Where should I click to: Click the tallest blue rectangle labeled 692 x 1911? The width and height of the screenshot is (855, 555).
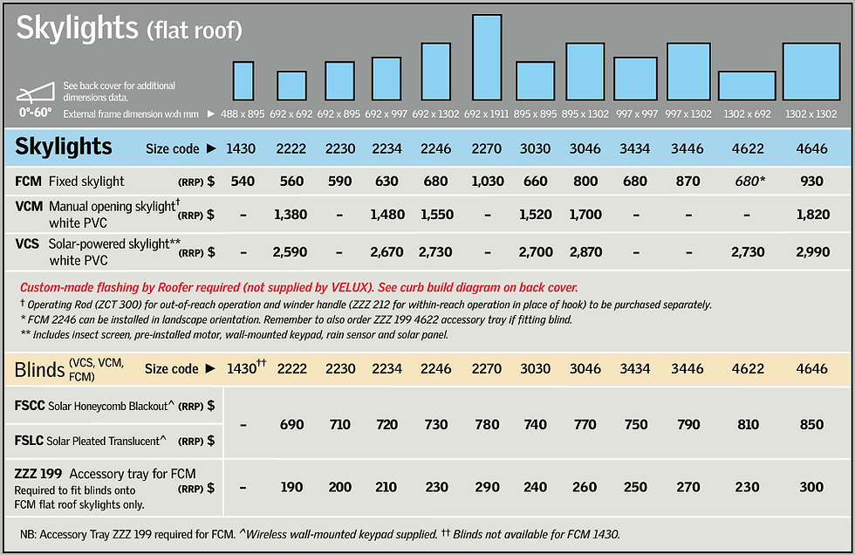click(487, 57)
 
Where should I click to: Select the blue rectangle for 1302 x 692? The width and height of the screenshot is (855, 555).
click(747, 85)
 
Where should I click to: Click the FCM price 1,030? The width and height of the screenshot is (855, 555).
click(487, 182)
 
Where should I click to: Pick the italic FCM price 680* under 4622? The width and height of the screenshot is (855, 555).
click(749, 182)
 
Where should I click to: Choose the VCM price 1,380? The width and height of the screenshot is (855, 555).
click(291, 214)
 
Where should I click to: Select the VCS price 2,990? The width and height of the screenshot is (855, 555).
click(812, 252)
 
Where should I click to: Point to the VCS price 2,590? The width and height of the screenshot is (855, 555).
click(291, 252)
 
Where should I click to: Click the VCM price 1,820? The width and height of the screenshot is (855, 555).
click(812, 214)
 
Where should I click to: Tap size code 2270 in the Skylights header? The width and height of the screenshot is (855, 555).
click(487, 148)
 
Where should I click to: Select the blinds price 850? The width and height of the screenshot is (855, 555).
click(812, 424)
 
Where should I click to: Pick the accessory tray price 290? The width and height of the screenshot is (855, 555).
click(487, 487)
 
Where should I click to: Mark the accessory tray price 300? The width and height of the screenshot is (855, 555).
click(812, 487)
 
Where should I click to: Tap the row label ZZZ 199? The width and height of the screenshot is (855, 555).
click(38, 474)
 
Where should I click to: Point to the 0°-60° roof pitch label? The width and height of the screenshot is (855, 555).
click(37, 112)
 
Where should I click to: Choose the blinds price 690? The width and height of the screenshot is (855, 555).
click(291, 424)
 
